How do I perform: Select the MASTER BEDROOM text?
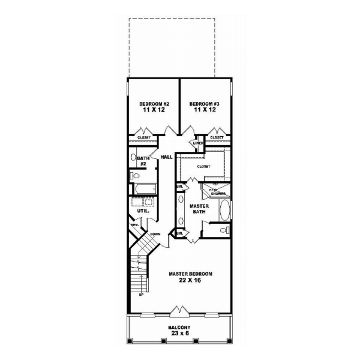coord(190,274)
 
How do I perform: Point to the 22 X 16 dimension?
coord(190,281)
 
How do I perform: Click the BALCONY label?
coord(180,328)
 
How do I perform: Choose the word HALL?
coord(166,157)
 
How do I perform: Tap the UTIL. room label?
coord(143,211)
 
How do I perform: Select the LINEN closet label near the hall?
coord(197,143)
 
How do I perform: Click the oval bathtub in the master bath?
coord(224,210)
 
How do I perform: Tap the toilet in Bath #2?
coord(134,176)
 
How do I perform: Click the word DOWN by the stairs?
coord(155,233)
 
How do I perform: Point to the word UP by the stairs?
coord(142,295)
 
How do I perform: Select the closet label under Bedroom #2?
coord(144,137)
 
